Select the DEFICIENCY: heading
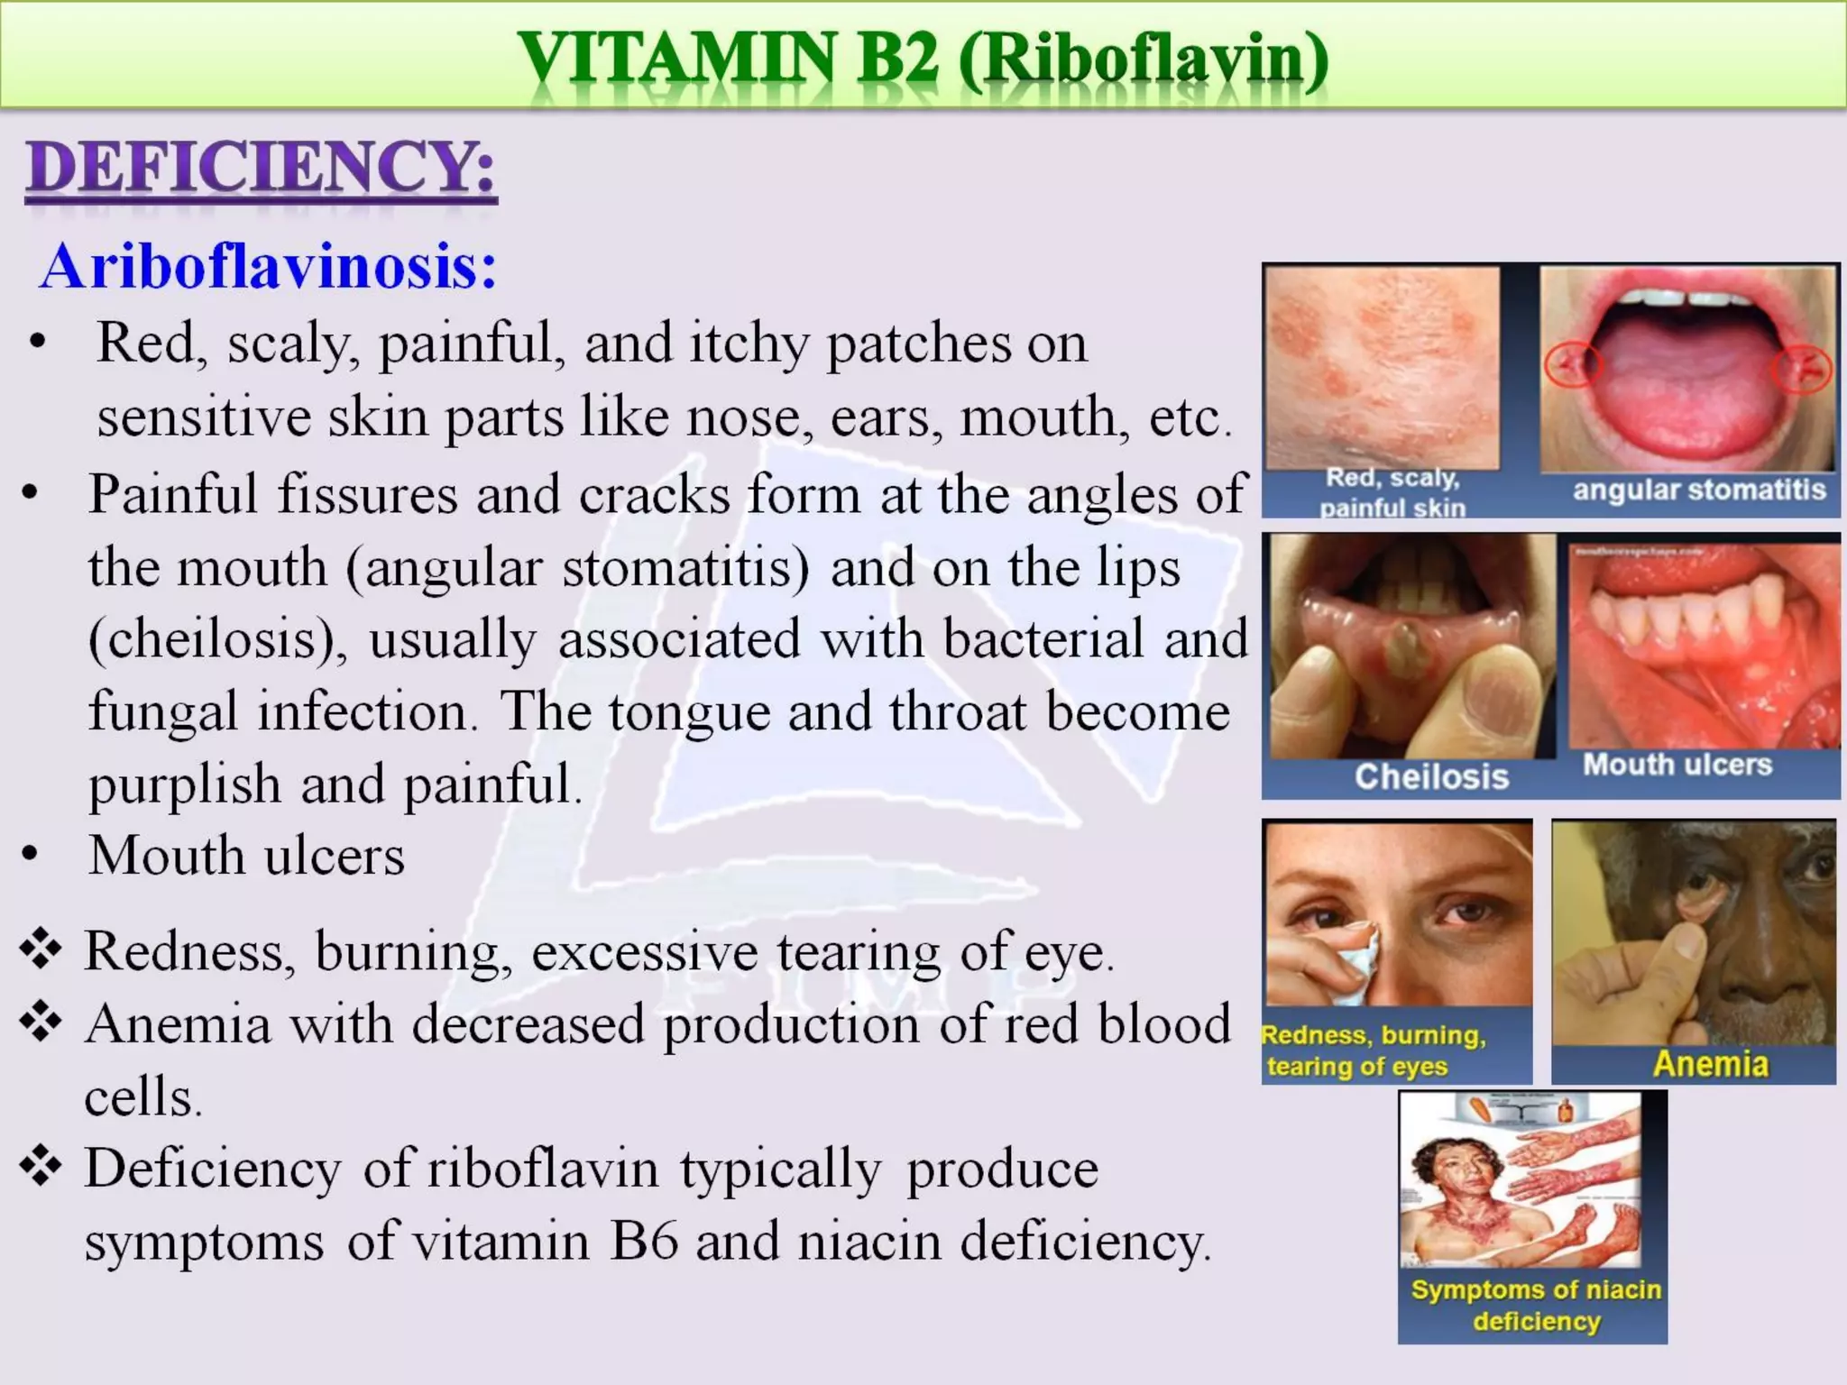[x=261, y=170]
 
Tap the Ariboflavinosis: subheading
[x=268, y=267]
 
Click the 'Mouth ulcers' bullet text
[x=246, y=856]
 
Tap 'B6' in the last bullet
[x=643, y=1242]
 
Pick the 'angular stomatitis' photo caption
[x=1699, y=490]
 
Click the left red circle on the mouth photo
[x=1573, y=365]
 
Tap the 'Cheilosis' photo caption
[x=1431, y=776]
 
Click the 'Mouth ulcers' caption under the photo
[x=1677, y=765]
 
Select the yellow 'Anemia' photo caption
[x=1710, y=1064]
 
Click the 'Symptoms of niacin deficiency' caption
[x=1536, y=1305]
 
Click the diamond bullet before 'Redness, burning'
[x=41, y=949]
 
